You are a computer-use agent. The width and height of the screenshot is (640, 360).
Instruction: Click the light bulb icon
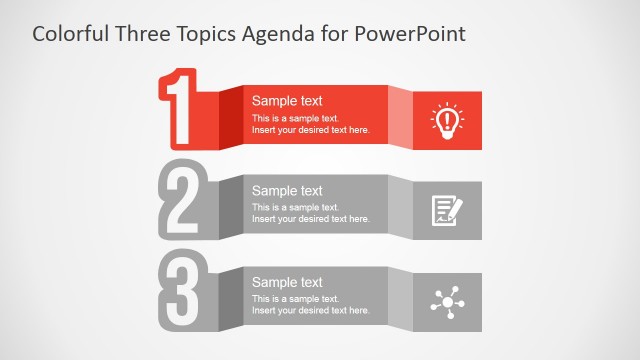(x=446, y=120)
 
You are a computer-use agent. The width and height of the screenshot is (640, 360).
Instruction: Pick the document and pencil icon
(x=446, y=210)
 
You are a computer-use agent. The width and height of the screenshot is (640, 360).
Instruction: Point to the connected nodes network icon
(x=446, y=302)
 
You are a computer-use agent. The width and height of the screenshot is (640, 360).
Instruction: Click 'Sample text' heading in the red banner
(x=287, y=100)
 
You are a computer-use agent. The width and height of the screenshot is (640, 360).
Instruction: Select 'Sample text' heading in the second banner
(x=287, y=190)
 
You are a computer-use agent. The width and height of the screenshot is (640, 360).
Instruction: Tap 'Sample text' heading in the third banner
(x=287, y=282)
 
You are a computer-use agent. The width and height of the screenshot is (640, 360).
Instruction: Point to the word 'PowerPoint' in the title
(x=415, y=34)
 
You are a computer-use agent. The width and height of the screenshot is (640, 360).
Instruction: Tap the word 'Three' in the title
(x=144, y=34)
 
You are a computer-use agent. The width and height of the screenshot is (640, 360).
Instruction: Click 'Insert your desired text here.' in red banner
(x=310, y=130)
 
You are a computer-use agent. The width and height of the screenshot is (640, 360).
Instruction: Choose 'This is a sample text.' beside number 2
(x=295, y=207)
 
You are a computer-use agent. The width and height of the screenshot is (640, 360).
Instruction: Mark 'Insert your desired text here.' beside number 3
(x=310, y=311)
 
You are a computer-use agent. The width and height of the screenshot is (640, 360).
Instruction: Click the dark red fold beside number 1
(x=229, y=117)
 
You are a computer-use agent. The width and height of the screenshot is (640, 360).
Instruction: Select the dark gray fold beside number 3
(x=229, y=299)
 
